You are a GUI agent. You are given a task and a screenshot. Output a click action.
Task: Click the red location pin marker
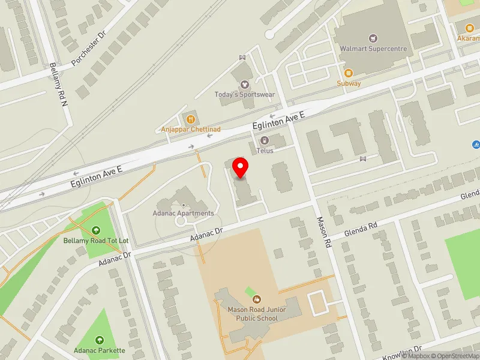[241, 167]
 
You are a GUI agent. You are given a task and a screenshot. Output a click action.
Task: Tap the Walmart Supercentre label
[373, 49]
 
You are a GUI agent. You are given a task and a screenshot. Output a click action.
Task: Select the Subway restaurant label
[349, 83]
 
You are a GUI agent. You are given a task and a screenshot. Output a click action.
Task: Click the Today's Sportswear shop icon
[244, 85]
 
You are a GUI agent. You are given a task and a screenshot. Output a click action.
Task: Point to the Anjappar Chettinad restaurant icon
[191, 119]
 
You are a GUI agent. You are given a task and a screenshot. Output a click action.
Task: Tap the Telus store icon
[265, 140]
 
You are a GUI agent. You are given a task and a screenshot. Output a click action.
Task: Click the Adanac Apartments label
[184, 213]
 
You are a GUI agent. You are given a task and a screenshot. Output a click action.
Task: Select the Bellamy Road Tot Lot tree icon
[96, 230]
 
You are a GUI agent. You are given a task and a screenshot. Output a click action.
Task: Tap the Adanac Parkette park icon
[100, 340]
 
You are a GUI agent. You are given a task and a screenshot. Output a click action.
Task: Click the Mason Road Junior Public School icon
[257, 299]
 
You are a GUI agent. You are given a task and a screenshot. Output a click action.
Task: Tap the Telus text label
[265, 151]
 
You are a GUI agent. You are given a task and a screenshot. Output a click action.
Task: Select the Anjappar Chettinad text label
[191, 129]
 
